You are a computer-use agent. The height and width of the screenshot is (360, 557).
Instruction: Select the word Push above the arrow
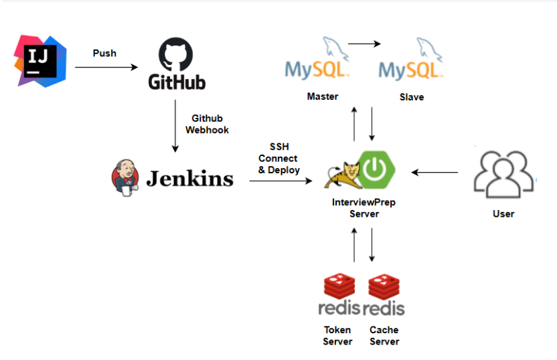[104, 53]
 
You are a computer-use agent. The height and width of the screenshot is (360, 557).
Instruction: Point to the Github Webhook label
[207, 124]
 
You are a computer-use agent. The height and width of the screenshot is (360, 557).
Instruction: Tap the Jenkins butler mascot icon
[125, 177]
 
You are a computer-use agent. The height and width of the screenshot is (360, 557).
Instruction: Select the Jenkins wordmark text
[189, 178]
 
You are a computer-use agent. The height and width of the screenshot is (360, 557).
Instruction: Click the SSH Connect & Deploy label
[279, 158]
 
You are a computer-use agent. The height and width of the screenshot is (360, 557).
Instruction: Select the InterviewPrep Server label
[364, 208]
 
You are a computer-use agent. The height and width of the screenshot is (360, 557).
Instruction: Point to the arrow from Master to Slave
[364, 44]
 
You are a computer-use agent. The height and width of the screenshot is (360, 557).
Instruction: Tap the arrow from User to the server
[434, 173]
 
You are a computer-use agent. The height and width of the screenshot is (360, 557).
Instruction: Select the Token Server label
[337, 335]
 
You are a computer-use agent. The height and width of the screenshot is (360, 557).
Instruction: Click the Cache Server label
[384, 335]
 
